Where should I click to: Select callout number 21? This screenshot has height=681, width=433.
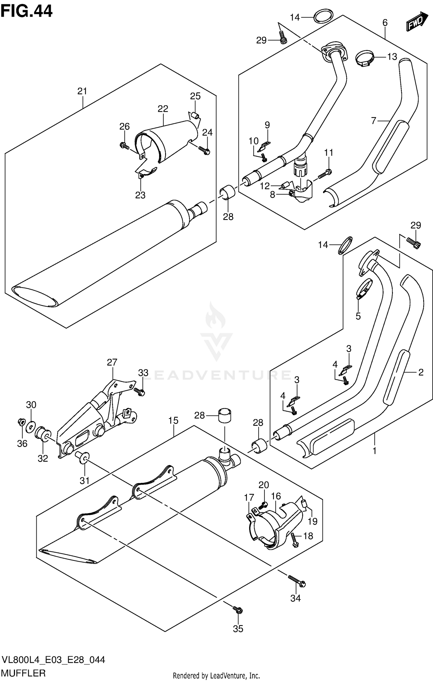[x=82, y=91]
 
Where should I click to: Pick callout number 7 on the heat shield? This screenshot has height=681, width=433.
[x=374, y=121]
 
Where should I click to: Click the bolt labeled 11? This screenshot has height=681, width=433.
[x=325, y=174]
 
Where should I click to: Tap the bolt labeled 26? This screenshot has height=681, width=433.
[x=124, y=146]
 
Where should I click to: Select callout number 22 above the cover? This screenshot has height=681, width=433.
[x=163, y=109]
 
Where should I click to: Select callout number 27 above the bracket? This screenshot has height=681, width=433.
[x=112, y=362]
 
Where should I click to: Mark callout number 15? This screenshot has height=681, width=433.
[x=173, y=421]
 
